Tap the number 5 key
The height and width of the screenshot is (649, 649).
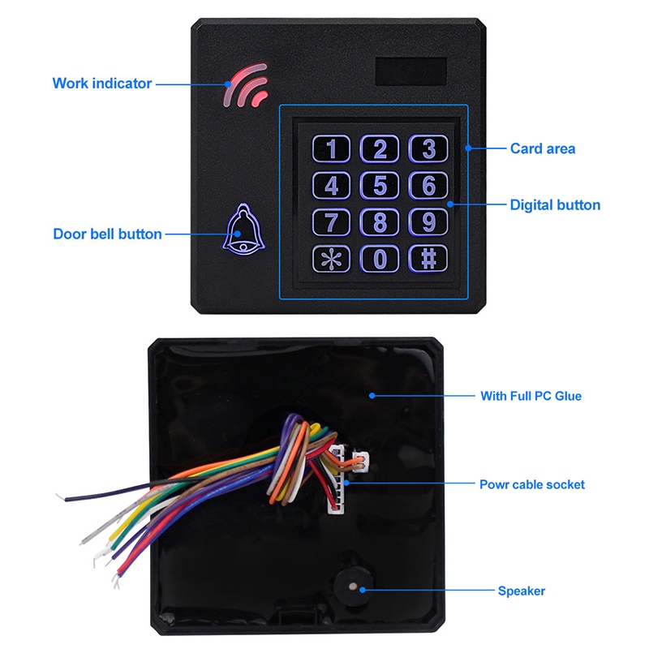tap(380, 186)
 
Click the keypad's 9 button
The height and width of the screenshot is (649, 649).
tap(428, 222)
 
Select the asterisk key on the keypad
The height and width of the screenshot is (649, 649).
tap(331, 259)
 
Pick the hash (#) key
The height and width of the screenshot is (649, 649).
tap(428, 259)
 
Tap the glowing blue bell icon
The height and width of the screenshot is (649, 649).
tap(241, 230)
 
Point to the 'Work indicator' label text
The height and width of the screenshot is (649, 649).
tap(101, 83)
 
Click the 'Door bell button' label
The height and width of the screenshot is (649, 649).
tap(107, 234)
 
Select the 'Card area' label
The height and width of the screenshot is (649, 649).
tap(543, 148)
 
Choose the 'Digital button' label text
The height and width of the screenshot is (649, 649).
tap(555, 205)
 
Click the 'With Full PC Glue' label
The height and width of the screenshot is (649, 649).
tap(531, 396)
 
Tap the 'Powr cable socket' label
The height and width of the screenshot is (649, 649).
tap(531, 484)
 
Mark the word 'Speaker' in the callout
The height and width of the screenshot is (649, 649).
tap(521, 591)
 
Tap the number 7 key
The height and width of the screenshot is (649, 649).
tap(331, 222)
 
